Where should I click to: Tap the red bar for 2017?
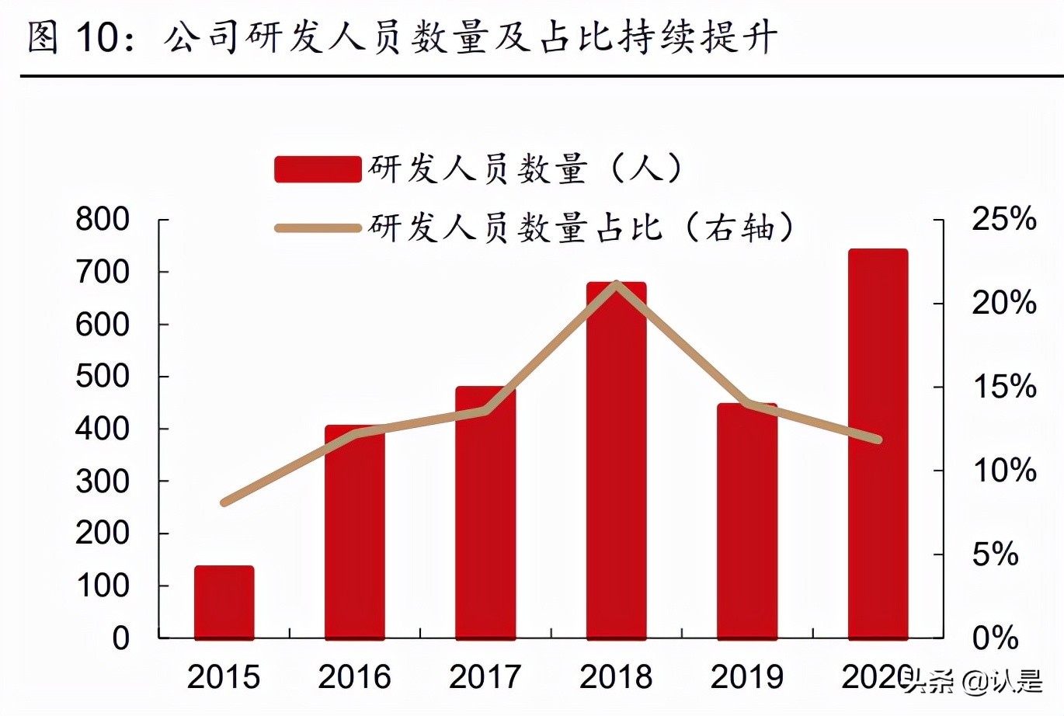coord(485,513)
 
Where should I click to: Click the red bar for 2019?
coord(747,521)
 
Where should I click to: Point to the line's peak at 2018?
coord(617,284)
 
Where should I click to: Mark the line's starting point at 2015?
coord(224,503)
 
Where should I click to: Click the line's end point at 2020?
coord(878,440)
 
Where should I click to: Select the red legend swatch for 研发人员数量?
coord(318,169)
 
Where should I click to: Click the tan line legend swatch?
coord(318,228)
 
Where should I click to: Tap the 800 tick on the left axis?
coord(103,220)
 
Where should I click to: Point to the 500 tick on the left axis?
coord(103,377)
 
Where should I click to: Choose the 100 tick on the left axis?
coord(103,586)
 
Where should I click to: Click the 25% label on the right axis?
coord(1004,220)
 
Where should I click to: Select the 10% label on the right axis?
coord(1004,471)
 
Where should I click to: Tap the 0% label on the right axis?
coord(995,638)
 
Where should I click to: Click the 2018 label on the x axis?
coord(617,677)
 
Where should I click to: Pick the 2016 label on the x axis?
coord(355,677)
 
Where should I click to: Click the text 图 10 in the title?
coord(74,37)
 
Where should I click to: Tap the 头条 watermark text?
coord(929,683)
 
